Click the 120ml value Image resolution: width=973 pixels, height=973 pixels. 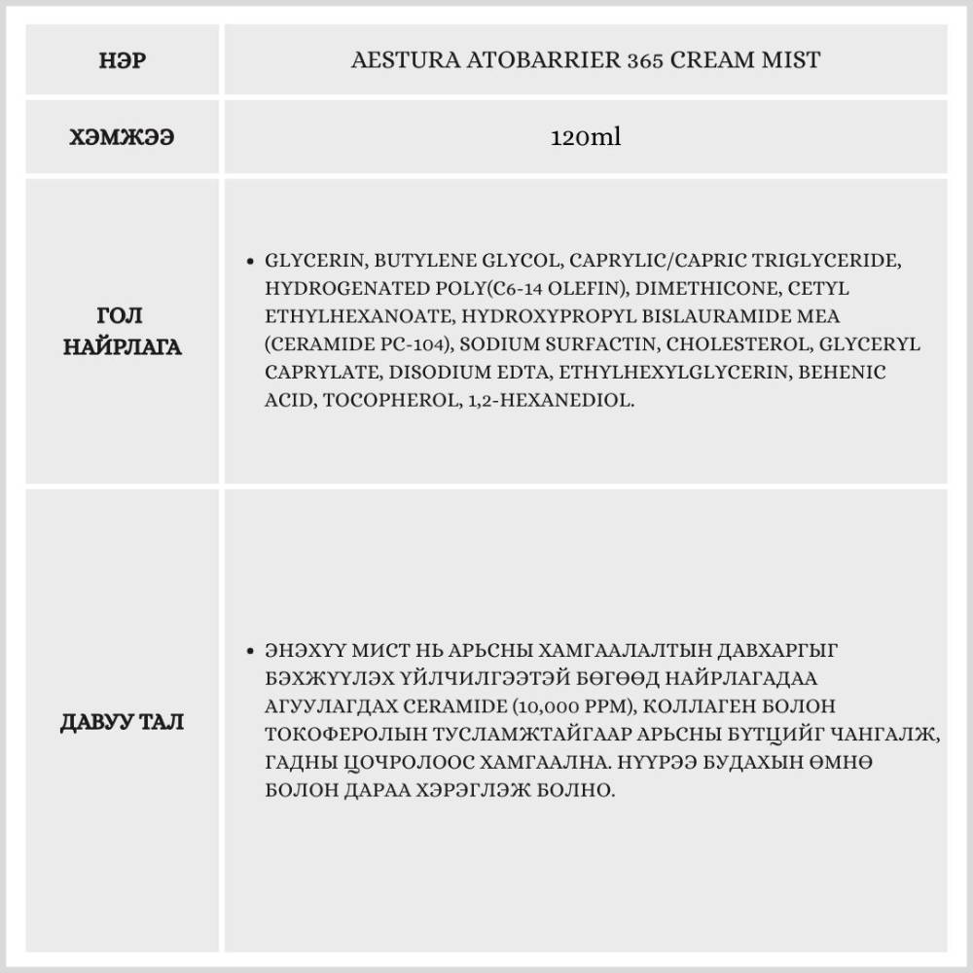pos(585,137)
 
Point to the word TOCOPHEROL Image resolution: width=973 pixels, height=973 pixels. pos(379,401)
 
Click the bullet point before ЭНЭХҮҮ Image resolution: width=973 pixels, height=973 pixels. pos(251,650)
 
